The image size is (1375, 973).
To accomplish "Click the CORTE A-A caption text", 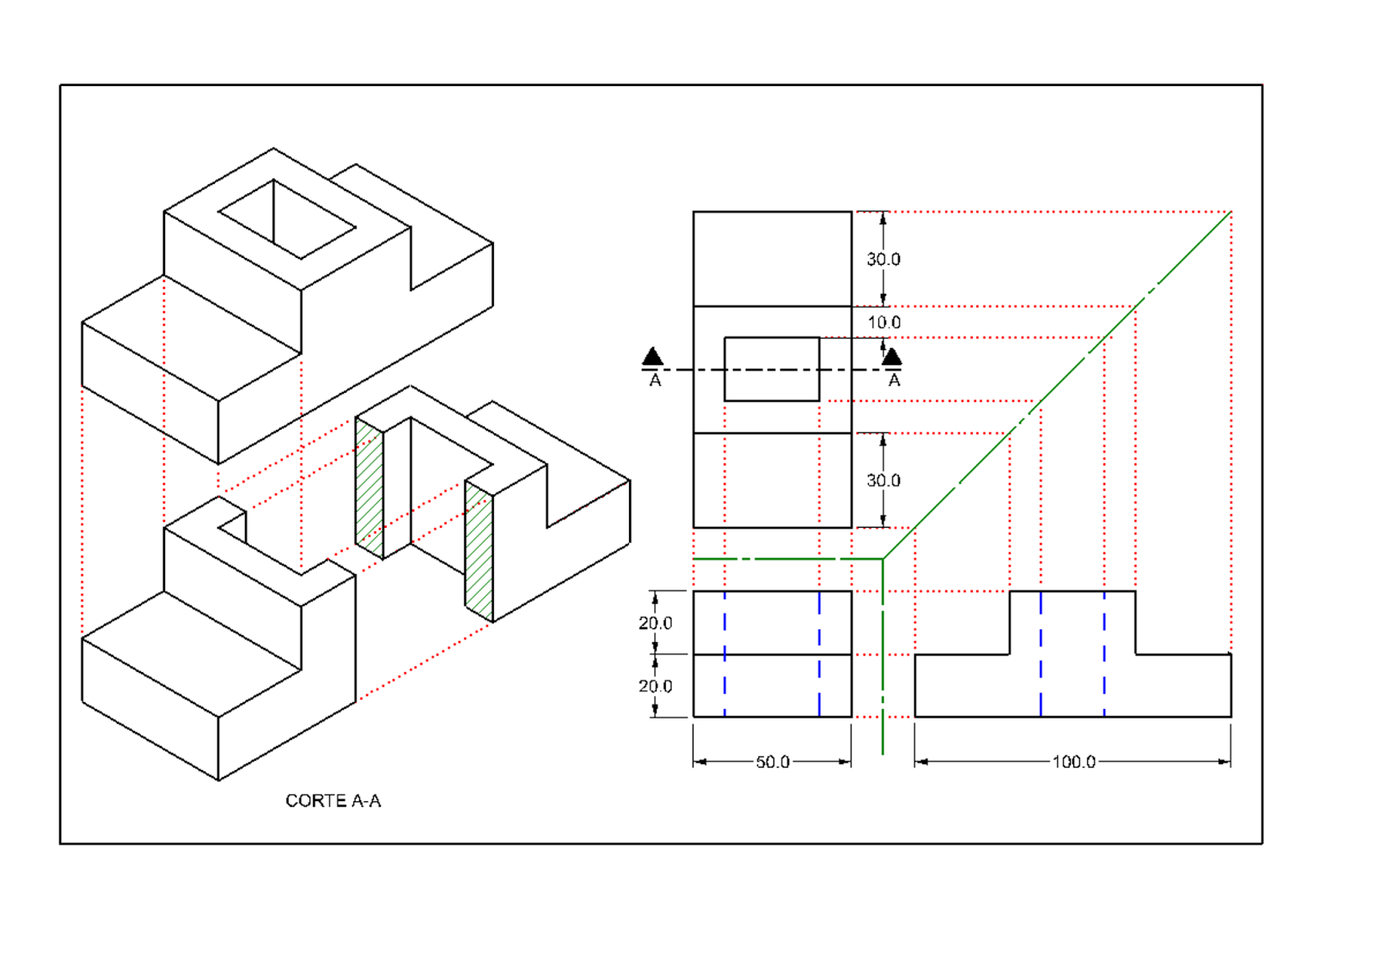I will [x=333, y=800].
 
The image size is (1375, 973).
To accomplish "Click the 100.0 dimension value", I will [x=1073, y=762].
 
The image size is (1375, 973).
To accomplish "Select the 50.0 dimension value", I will [x=772, y=762].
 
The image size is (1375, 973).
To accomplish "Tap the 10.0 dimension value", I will [x=883, y=322].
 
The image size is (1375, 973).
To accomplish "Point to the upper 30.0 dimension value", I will [x=883, y=259].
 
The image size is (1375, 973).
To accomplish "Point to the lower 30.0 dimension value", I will [x=883, y=480].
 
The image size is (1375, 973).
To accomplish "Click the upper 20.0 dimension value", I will [x=655, y=622].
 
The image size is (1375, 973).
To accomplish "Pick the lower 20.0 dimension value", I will [x=655, y=686].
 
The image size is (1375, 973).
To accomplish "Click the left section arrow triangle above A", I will [x=653, y=356].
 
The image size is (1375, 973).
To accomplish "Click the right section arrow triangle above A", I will [x=892, y=356].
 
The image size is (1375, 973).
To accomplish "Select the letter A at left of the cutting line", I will [x=655, y=380].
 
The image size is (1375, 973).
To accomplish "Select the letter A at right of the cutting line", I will [x=894, y=380].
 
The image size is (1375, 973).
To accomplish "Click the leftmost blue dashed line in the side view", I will [x=724, y=653].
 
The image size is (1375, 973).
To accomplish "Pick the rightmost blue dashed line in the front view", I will [x=1104, y=653].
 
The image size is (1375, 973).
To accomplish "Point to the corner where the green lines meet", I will [x=883, y=560].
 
